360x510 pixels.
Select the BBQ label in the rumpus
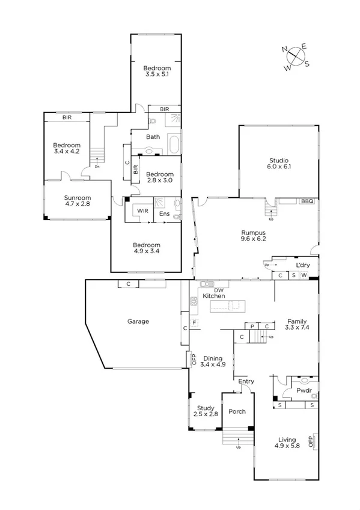(307, 202)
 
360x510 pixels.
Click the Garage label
(138, 321)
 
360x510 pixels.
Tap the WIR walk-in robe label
(143, 211)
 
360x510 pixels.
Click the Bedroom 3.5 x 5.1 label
(155, 72)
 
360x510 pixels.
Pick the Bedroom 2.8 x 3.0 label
(160, 177)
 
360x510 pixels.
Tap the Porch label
(236, 411)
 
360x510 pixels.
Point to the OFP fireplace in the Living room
(311, 441)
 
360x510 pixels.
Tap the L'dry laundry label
(301, 265)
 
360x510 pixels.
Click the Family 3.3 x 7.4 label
(297, 324)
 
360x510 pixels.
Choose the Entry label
(246, 381)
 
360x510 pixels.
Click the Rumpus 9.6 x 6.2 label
(254, 236)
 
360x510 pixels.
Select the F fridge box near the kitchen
(194, 323)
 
